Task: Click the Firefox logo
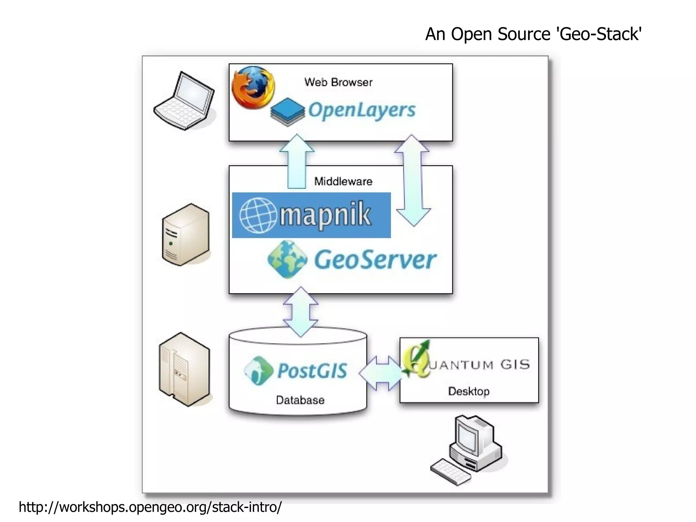(253, 87)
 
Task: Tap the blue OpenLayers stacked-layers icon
(288, 112)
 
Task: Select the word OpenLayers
(362, 111)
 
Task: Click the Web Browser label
(338, 82)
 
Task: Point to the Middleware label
(343, 181)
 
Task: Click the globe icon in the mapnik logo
(258, 215)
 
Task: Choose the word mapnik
(325, 215)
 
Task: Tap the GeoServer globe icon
(287, 259)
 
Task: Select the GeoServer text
(375, 260)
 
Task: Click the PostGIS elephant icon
(259, 370)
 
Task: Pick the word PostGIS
(312, 371)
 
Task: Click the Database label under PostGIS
(300, 400)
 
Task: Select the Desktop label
(469, 391)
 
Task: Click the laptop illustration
(185, 101)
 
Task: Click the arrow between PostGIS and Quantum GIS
(383, 373)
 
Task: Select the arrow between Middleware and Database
(301, 312)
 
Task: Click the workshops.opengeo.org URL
(150, 507)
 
